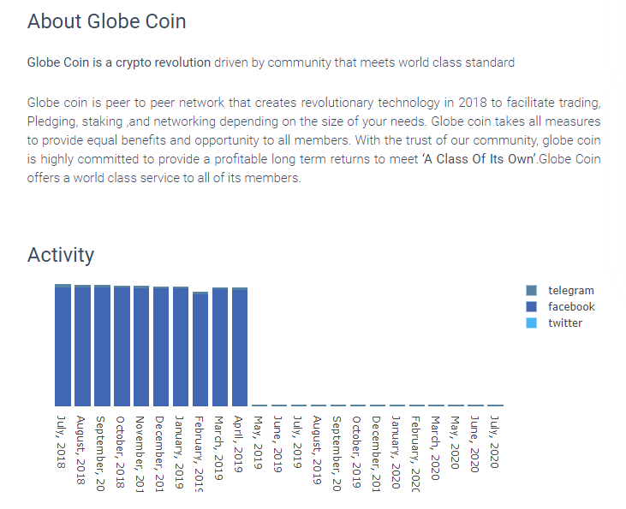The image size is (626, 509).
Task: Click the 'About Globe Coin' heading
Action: tap(106, 21)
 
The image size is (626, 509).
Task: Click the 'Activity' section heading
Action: tap(61, 255)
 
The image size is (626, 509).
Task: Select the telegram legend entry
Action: tap(570, 291)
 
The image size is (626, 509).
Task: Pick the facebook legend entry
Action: tap(571, 307)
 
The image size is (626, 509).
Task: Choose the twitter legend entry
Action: tap(565, 323)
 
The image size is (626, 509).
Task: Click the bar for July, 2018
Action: tap(63, 346)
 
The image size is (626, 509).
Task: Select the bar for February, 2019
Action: tap(200, 350)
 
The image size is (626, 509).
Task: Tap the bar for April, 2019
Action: tap(240, 347)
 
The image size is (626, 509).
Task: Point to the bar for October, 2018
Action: tap(122, 346)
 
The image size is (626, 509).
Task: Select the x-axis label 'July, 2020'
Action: tap(495, 441)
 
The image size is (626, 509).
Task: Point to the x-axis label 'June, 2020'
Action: tap(475, 443)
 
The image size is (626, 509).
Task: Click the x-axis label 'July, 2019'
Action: tap(299, 441)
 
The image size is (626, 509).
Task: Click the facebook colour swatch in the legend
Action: tap(531, 307)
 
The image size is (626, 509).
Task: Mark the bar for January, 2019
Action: tap(181, 347)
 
